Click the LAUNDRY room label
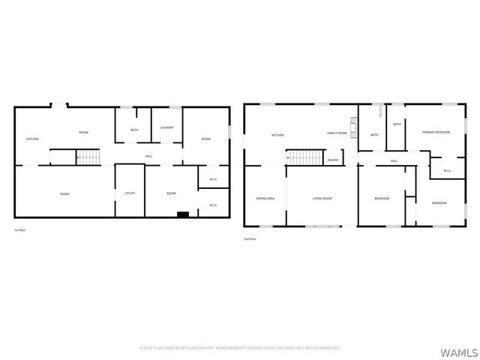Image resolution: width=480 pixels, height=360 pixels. tap(166, 127)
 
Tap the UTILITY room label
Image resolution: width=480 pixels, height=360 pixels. tap(130, 193)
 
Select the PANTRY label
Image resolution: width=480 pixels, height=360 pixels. tap(333, 160)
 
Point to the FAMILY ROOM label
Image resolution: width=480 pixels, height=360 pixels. tap(337, 133)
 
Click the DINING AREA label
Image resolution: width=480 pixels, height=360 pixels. tap(265, 198)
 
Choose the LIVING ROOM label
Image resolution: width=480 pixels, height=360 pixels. tap(322, 198)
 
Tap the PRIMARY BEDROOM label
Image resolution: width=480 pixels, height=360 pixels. tap(436, 132)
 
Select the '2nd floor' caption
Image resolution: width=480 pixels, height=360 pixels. tap(250, 238)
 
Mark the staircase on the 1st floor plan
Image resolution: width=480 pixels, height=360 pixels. tap(89, 157)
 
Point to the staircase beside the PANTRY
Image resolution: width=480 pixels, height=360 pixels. tap(304, 157)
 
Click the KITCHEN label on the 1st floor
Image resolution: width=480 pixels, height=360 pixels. tap(33, 139)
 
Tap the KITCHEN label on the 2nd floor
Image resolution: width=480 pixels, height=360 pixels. tap(277, 135)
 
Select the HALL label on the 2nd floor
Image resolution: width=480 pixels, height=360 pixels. tap(394, 161)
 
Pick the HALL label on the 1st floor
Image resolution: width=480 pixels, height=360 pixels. tap(149, 156)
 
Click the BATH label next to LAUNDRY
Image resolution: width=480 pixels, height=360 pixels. tap(134, 130)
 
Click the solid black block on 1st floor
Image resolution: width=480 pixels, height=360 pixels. tap(182, 214)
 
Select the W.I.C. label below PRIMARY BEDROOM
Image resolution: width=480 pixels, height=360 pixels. tap(447, 171)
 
